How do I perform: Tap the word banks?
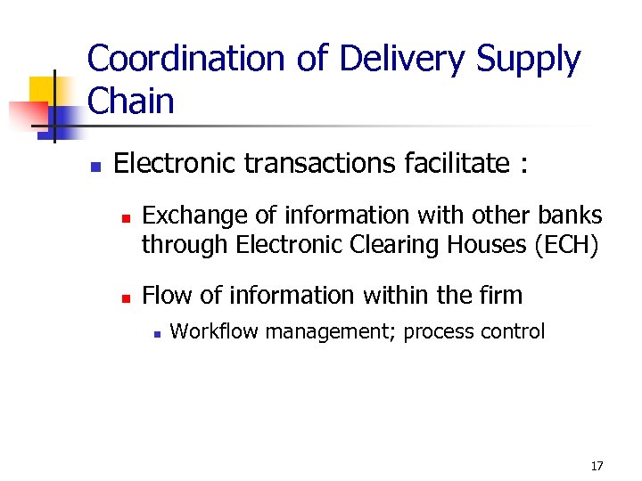coord(570,216)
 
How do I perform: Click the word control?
coord(512,332)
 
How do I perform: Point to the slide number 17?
coord(597,466)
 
